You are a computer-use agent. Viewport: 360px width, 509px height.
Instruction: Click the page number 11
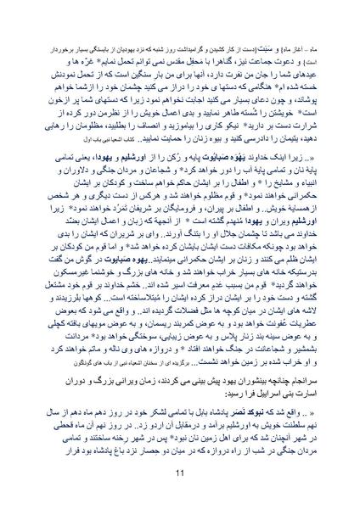pos(180,473)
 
